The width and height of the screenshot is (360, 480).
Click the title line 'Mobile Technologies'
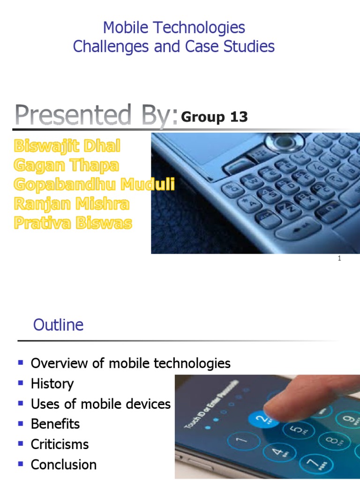[174, 28]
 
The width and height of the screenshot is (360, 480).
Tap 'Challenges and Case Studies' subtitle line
[174, 46]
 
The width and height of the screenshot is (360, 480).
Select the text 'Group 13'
[214, 117]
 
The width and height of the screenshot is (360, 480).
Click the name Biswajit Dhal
[67, 146]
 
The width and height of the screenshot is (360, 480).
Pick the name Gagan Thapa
[66, 165]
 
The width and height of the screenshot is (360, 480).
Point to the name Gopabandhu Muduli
[94, 185]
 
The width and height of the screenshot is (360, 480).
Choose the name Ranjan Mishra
[71, 204]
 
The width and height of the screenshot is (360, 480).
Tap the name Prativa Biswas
[73, 223]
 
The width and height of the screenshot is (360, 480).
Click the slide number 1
[339, 259]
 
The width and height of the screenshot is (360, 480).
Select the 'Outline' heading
[58, 325]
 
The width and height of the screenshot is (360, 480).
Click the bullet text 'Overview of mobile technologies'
[130, 363]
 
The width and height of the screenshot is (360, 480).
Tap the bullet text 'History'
[52, 384]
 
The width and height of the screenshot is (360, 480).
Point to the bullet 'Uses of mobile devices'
[100, 404]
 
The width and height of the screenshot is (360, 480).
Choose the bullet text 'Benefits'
[55, 424]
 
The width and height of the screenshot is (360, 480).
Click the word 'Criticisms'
[60, 444]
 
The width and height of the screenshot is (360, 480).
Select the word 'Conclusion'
[63, 465]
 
